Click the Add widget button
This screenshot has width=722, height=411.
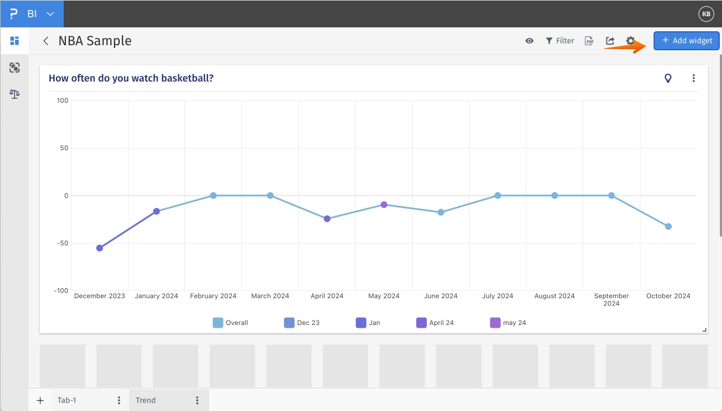686,41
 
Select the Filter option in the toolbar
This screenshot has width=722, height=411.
560,41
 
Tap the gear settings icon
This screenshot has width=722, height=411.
630,41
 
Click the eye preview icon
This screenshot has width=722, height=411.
529,41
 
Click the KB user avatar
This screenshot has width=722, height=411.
706,14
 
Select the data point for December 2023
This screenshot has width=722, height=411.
99,248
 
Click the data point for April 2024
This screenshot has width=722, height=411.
327,219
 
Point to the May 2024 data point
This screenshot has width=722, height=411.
384,204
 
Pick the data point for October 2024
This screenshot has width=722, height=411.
668,226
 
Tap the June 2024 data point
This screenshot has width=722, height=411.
441,212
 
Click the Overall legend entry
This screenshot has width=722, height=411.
230,323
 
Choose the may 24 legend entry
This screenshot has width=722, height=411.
508,323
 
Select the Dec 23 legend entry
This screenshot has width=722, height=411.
302,323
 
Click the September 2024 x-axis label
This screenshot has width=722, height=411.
611,299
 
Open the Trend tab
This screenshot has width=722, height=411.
146,400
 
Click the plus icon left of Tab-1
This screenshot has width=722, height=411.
40,400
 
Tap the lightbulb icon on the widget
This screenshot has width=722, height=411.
668,78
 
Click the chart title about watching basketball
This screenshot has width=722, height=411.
131,78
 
